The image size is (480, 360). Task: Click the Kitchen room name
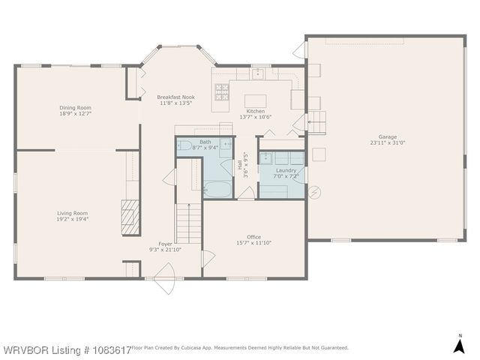point(255,110)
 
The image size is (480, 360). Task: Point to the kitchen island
point(256,100)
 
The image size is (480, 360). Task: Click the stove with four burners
point(223,91)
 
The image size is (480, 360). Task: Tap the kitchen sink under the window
point(256,74)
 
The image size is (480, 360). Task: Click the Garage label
point(387,136)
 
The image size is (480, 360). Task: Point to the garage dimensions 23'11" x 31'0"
point(387,142)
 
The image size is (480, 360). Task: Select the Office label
point(253,236)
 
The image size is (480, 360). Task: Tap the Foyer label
point(165,243)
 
